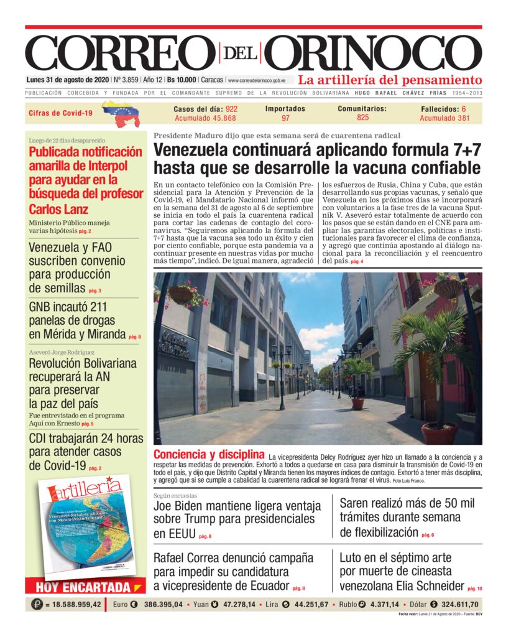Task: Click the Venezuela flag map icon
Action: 121,113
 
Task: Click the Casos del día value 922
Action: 231,108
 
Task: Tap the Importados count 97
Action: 285,118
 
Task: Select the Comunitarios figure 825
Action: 362,117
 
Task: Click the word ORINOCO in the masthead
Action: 377,53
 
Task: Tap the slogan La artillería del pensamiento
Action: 390,80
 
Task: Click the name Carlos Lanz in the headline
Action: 58,209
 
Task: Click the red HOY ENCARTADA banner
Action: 84,587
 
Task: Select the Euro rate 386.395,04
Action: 163,604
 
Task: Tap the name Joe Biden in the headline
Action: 180,504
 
